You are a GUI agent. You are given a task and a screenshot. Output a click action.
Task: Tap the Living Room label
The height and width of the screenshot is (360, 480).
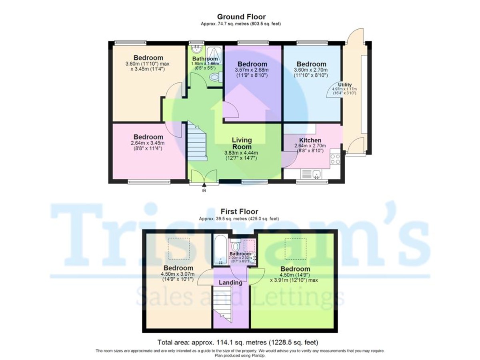[x=242, y=143]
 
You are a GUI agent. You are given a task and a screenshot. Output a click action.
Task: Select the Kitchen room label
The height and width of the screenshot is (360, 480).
[x=310, y=140]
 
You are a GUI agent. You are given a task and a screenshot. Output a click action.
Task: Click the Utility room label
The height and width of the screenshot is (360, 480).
[x=344, y=84]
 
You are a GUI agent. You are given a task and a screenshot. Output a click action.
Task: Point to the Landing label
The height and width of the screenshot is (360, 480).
[x=231, y=282]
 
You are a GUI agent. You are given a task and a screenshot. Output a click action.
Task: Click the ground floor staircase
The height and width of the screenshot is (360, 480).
[x=197, y=142]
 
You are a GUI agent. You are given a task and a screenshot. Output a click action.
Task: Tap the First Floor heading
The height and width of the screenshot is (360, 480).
[x=240, y=212]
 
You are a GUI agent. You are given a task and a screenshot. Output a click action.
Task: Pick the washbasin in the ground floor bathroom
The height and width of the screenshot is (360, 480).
[x=196, y=49]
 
